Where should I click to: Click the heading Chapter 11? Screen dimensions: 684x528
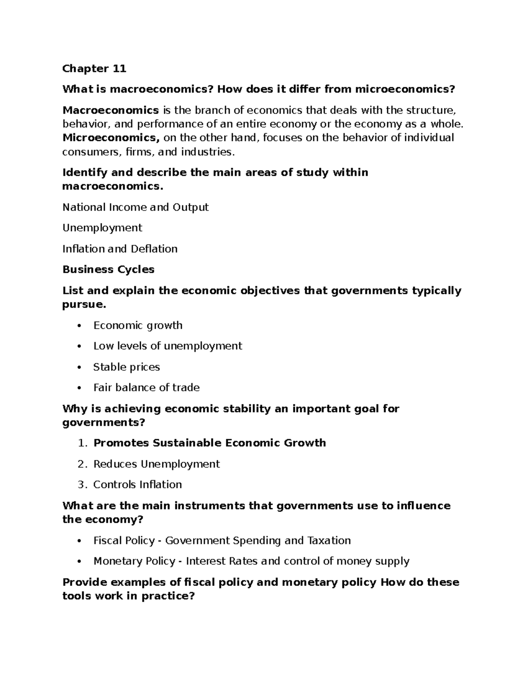coord(94,69)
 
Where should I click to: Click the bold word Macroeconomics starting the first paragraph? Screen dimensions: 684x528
coord(110,110)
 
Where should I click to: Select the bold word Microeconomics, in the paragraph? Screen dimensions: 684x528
coord(111,138)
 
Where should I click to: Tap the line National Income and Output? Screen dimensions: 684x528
coord(136,207)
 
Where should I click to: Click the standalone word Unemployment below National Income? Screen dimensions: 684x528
coord(102,228)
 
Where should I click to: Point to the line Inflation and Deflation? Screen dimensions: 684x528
coord(120,249)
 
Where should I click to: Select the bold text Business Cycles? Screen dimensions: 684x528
coord(108,270)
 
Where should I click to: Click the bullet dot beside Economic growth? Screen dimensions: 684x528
coord(79,326)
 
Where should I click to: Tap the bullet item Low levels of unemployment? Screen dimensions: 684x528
coord(167,346)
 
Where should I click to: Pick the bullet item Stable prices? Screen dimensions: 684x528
coord(126,367)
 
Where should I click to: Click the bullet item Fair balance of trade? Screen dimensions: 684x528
coord(146,388)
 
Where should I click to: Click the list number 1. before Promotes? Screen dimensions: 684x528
coord(83,443)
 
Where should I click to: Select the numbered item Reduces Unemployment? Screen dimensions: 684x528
coord(156,464)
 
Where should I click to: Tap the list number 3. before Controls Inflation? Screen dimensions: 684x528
coord(83,485)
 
